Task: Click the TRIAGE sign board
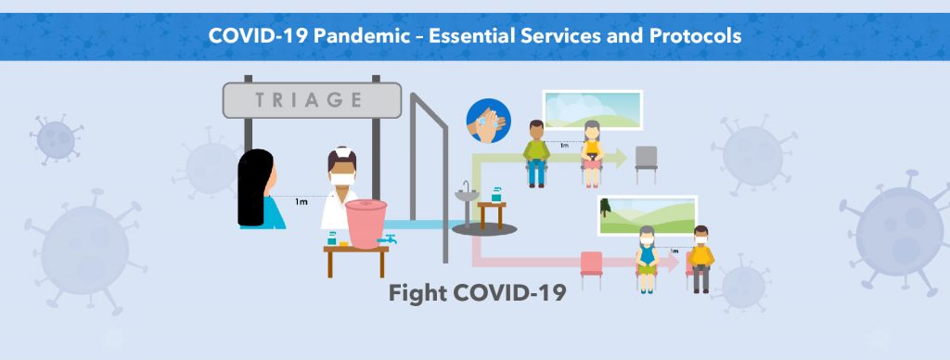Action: (312, 100)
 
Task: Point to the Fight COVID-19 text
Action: (478, 293)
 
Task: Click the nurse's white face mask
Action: (342, 179)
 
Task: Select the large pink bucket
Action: (366, 224)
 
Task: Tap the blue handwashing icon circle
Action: (488, 121)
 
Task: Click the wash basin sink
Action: (467, 195)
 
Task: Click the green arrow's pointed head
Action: (621, 158)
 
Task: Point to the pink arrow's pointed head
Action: (672, 262)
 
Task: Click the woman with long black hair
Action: (259, 189)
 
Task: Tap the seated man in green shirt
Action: (537, 153)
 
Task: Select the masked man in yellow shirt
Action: (701, 260)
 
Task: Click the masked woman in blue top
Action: (647, 259)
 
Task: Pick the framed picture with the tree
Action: (648, 216)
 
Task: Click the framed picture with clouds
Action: (593, 109)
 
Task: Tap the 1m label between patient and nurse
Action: (302, 201)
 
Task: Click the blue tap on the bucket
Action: (387, 239)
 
